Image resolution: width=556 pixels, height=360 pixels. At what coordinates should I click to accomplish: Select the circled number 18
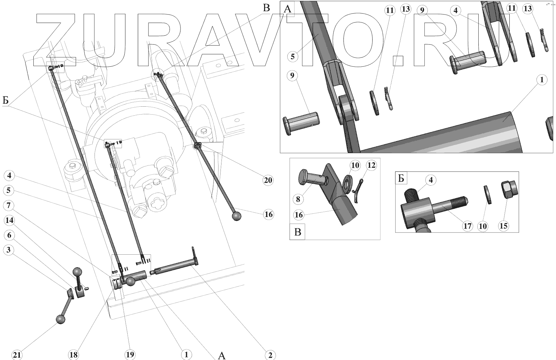click(73, 355)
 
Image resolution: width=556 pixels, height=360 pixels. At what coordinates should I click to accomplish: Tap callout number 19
click(130, 355)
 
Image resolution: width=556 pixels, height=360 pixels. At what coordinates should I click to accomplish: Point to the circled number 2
click(270, 355)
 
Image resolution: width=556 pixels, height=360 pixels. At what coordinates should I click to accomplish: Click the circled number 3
click(9, 250)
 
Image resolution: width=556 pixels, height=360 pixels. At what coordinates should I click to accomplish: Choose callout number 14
click(9, 220)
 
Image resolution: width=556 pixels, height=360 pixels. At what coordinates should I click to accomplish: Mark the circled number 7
click(9, 205)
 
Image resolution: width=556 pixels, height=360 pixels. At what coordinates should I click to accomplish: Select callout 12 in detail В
click(372, 165)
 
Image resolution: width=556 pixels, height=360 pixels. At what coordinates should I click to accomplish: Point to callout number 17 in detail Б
click(467, 226)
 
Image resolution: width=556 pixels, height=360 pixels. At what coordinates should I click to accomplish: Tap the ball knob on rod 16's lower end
click(236, 216)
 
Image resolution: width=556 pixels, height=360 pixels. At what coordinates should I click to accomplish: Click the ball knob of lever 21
click(60, 319)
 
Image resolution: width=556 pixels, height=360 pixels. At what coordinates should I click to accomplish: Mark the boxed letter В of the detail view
click(298, 232)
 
